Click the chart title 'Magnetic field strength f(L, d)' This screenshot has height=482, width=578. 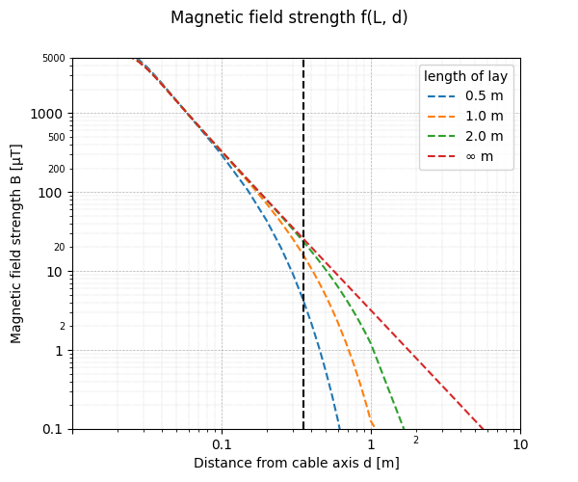289,18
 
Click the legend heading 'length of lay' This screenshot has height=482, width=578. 465,76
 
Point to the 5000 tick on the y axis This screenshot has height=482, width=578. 54,59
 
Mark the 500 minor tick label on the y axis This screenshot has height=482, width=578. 57,137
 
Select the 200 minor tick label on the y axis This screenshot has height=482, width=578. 57,169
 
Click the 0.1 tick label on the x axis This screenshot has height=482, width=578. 222,444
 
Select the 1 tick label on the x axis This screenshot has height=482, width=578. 371,444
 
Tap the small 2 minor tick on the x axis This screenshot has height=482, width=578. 416,441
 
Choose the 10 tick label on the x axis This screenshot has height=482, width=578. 520,444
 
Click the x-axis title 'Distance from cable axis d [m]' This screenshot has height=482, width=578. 297,463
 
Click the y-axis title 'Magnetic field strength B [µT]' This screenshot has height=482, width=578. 16,243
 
